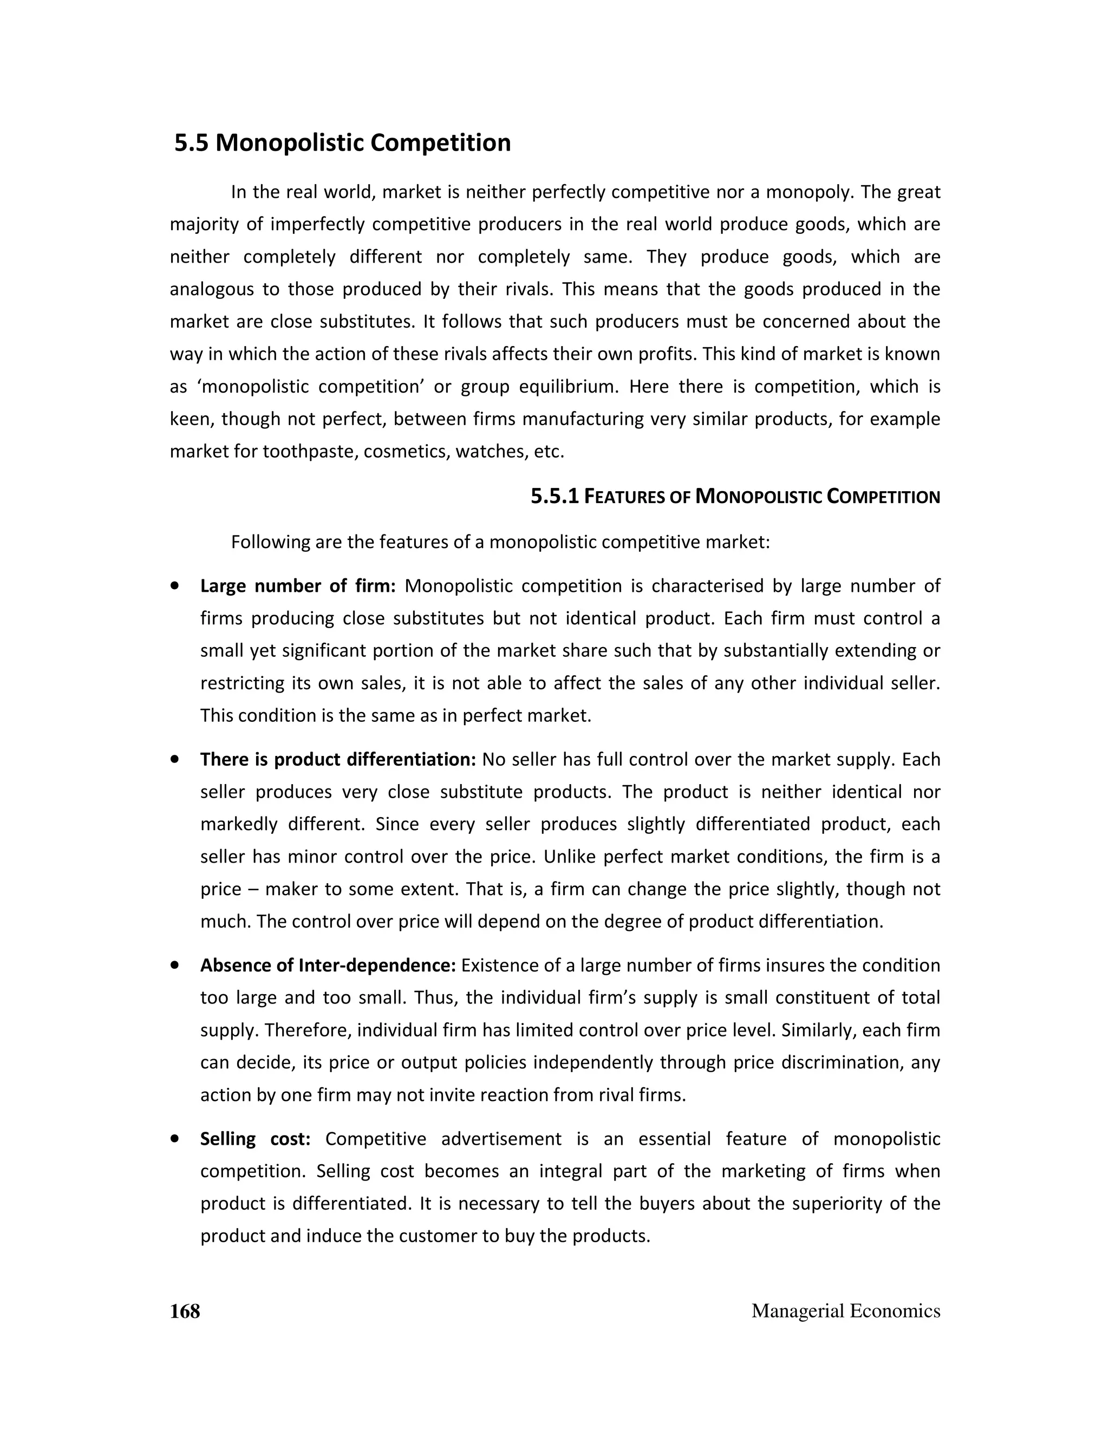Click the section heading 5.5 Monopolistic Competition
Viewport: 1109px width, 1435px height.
tap(342, 142)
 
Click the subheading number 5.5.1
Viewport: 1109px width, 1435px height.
tap(554, 497)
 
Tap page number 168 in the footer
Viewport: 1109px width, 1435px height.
tap(185, 1311)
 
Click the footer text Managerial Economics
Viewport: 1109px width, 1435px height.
tap(845, 1311)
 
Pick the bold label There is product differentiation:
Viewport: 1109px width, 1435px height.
tap(338, 760)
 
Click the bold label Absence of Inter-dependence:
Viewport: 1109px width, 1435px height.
tap(328, 965)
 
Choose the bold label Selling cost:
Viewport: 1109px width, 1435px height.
tap(255, 1139)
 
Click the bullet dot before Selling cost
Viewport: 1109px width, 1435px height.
tap(175, 1139)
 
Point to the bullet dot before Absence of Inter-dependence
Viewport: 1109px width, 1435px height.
tap(175, 965)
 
